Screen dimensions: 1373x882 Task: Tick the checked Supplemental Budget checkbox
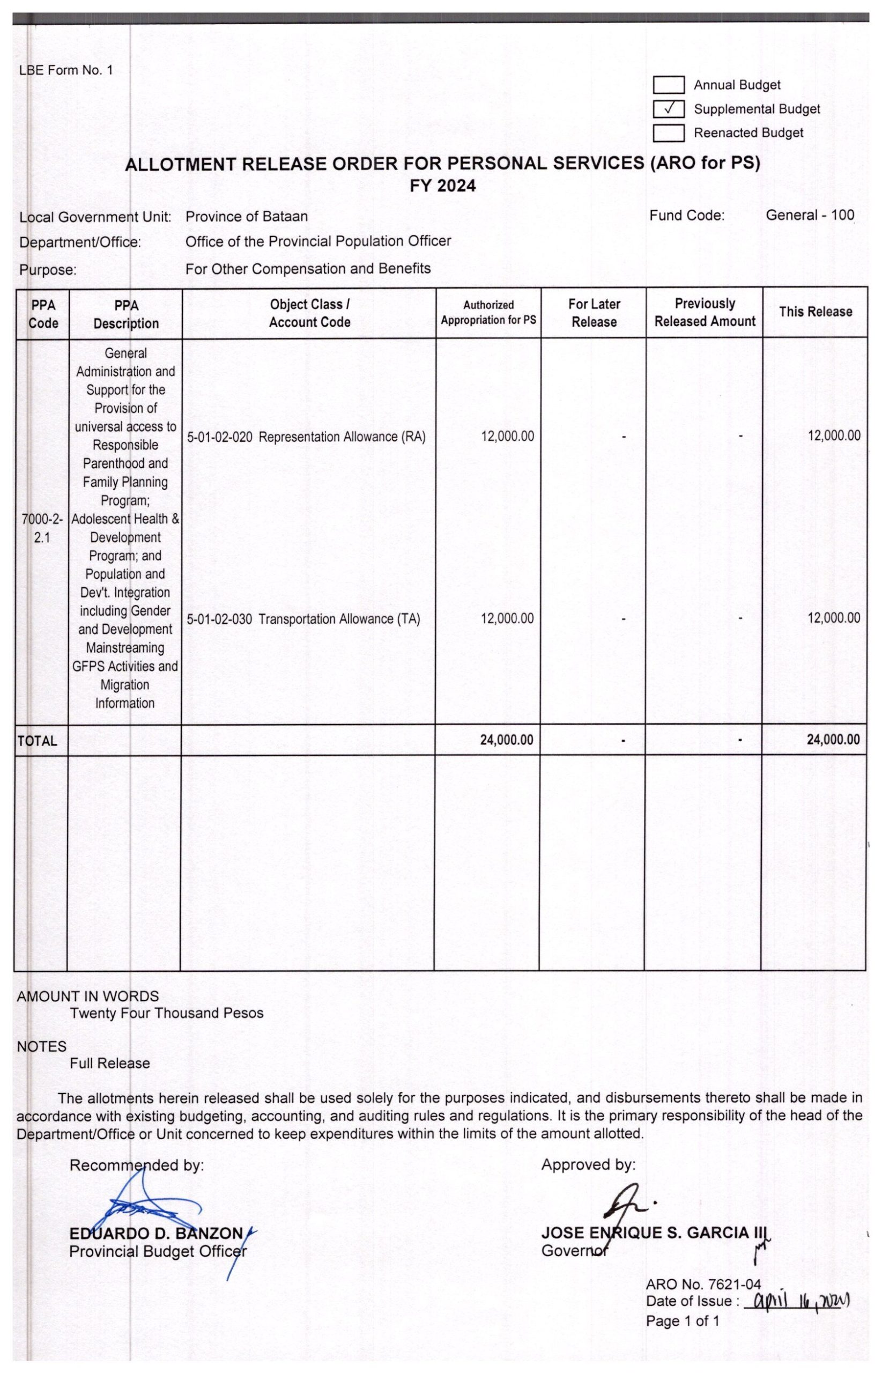tap(669, 109)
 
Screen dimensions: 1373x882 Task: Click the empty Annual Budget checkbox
tap(669, 85)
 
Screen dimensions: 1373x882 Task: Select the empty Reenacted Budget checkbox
tap(669, 133)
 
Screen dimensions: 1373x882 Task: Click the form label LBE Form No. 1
tap(66, 70)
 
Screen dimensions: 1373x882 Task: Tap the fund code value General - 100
tap(809, 216)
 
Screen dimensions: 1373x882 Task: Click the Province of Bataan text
tap(246, 217)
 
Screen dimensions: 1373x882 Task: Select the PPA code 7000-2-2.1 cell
tap(42, 528)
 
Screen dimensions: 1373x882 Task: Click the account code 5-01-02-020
tap(219, 437)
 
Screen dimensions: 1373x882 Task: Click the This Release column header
tap(815, 312)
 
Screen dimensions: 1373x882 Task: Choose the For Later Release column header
tap(594, 313)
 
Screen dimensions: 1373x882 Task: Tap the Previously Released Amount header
tap(705, 312)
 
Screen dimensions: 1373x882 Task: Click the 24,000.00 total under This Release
tap(833, 740)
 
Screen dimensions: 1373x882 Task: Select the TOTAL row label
tap(37, 741)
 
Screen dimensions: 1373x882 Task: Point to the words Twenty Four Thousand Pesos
tap(166, 1013)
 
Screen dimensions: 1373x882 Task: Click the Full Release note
tap(109, 1064)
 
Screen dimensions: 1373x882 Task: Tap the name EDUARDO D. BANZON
tap(156, 1233)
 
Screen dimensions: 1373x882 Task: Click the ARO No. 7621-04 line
tap(703, 1285)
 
